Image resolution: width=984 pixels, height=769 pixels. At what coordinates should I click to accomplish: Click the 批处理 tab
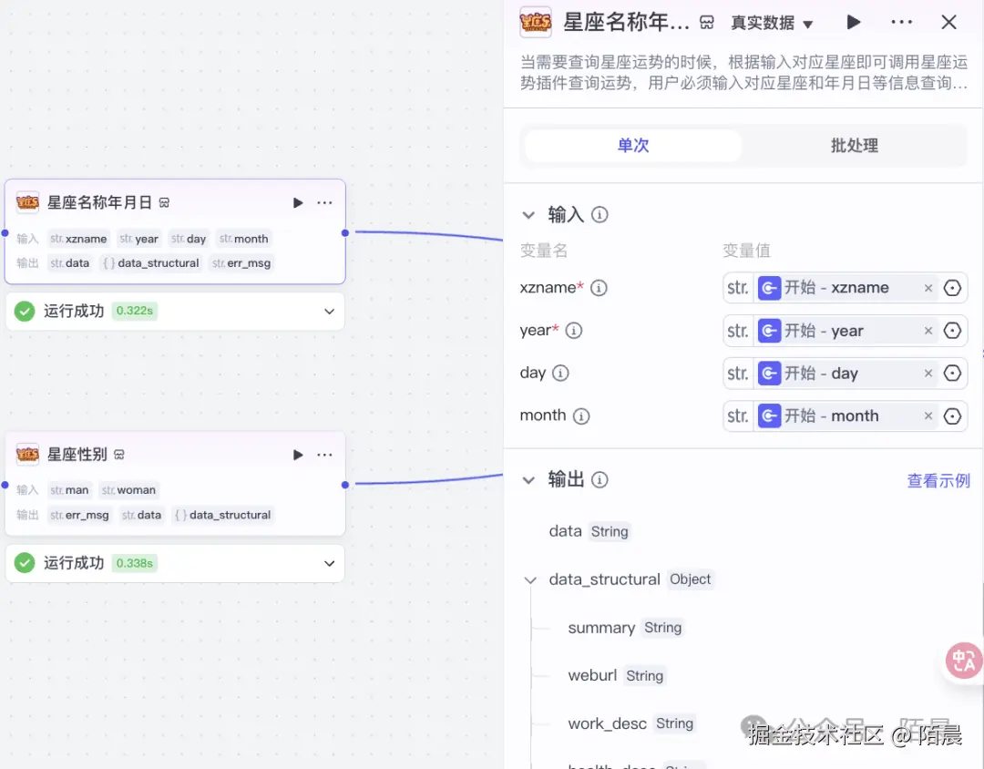[854, 146]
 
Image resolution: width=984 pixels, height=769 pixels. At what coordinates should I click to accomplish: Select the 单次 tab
[633, 146]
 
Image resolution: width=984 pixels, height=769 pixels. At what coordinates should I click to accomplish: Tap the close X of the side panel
[948, 23]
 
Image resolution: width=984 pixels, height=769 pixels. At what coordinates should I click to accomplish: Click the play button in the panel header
[853, 23]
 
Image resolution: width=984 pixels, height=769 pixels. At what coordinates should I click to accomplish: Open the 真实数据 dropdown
[772, 24]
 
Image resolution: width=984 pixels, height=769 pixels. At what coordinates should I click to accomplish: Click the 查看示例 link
[938, 480]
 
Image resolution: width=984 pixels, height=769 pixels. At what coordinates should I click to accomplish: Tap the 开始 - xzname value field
[836, 288]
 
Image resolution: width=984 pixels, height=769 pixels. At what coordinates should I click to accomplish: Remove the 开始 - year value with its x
[928, 331]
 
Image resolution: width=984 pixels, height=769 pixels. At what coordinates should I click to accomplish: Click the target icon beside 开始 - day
[953, 374]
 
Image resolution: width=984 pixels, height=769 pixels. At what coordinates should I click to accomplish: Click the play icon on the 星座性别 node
[298, 455]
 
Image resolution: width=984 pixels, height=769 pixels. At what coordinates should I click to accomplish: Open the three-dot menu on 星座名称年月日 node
[325, 202]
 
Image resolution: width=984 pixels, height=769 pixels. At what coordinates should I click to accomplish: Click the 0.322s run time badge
[135, 312]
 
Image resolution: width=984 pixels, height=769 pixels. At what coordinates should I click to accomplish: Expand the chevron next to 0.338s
[330, 564]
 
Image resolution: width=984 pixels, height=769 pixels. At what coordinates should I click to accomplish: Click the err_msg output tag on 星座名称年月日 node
[242, 263]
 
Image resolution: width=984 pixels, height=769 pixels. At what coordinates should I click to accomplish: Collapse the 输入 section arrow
[528, 215]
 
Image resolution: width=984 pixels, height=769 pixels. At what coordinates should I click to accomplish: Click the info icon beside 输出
[600, 480]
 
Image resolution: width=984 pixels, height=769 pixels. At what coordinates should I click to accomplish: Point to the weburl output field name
[592, 676]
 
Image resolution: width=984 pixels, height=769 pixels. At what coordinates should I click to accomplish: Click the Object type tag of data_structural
[690, 579]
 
